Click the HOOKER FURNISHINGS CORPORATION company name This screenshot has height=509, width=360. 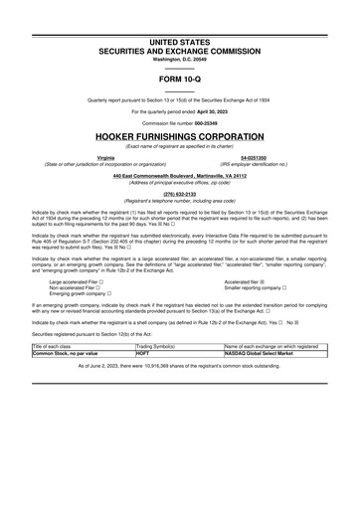(x=179, y=135)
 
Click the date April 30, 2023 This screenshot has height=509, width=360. (x=202, y=111)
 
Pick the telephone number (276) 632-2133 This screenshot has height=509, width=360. (x=179, y=194)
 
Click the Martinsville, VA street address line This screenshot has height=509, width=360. (x=179, y=176)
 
